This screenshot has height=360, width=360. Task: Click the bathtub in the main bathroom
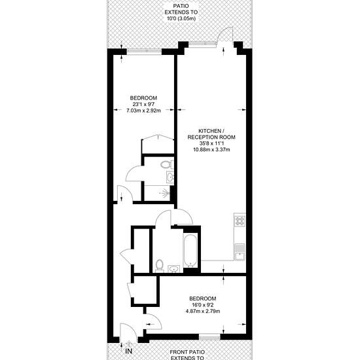click(190, 251)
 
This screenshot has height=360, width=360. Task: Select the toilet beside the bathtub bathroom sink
click(159, 266)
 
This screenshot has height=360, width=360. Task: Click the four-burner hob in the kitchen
click(240, 221)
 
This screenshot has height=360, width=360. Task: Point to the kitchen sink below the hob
click(240, 252)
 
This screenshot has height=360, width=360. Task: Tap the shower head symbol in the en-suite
click(166, 193)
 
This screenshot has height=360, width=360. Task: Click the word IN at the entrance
click(129, 351)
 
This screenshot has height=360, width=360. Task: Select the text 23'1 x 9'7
click(143, 104)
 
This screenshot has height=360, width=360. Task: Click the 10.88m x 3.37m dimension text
click(211, 150)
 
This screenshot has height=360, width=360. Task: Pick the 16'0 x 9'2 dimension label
click(203, 305)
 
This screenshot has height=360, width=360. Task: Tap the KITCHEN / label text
click(211, 131)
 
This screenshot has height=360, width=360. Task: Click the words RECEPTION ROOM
click(211, 137)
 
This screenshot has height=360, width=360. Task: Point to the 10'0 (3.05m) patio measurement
click(181, 18)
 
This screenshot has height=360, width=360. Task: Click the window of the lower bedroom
click(209, 337)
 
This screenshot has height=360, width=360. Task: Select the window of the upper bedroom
click(145, 52)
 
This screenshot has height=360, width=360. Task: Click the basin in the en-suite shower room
click(170, 177)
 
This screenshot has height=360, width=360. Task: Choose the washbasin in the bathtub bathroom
click(174, 268)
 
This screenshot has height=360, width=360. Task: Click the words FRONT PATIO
click(187, 352)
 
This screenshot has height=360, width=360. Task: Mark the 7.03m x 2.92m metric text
click(143, 111)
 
